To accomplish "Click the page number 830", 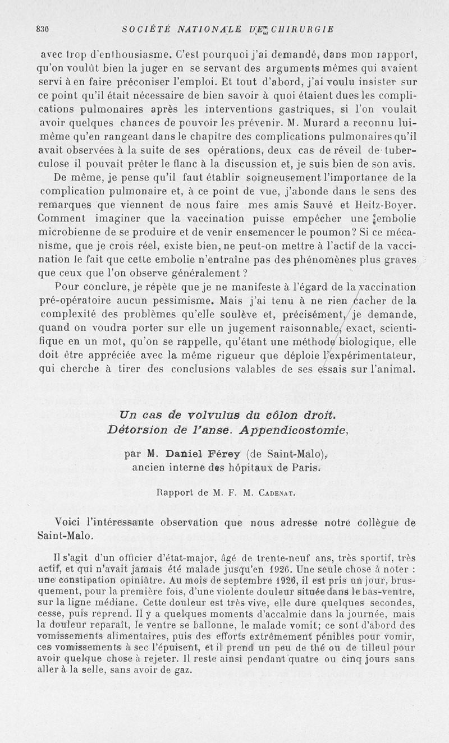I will pyautogui.click(x=43, y=29).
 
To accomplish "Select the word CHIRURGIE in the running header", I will pyautogui.click(x=303, y=29).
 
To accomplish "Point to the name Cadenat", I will pyautogui.click(x=269, y=494).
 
